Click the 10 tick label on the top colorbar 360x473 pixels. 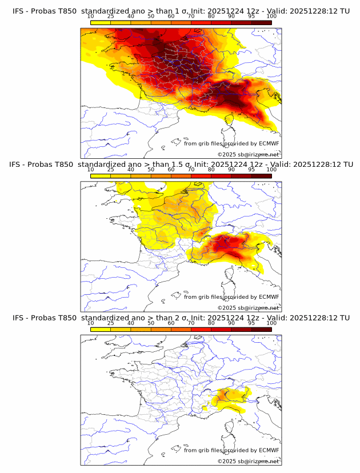[90, 16]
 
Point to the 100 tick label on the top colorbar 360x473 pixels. [271, 16]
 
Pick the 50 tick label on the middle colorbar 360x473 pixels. [151, 169]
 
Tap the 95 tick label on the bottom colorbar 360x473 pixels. [251, 322]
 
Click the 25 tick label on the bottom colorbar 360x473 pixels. [110, 322]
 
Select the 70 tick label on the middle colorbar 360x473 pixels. [191, 169]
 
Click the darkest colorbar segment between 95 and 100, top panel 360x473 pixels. [261, 22]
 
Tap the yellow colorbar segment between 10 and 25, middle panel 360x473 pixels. [101, 175]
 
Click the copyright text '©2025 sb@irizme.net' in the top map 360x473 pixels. [248, 155]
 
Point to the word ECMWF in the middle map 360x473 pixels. [269, 297]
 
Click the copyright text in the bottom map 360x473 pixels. [248, 461]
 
